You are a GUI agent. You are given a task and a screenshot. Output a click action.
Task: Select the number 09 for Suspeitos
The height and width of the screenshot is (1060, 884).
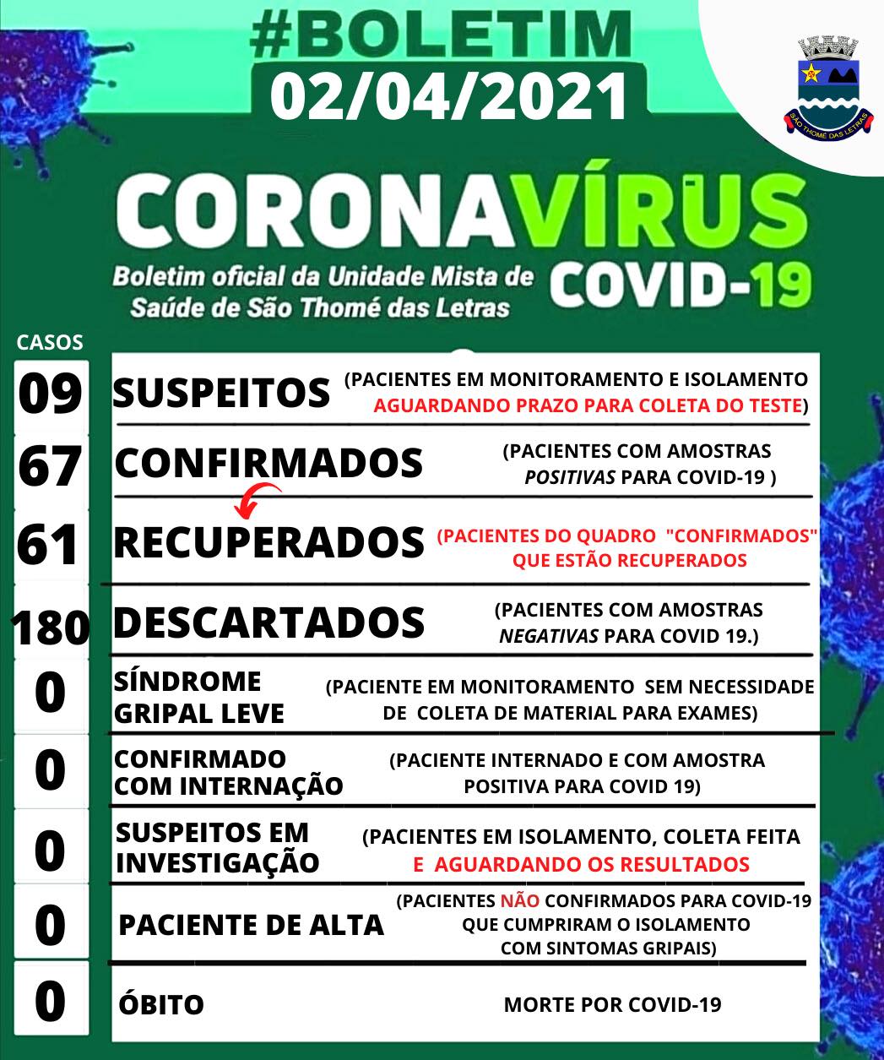pyautogui.click(x=51, y=394)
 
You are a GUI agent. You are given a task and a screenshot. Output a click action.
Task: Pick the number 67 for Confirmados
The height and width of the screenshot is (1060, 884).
pyautogui.click(x=51, y=467)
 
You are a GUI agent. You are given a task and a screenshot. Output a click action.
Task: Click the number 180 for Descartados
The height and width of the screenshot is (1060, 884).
pyautogui.click(x=51, y=627)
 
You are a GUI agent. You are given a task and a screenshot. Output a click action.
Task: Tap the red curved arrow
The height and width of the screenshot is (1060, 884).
pyautogui.click(x=257, y=498)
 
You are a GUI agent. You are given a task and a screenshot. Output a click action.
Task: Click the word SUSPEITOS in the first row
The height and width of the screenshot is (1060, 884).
pyautogui.click(x=221, y=392)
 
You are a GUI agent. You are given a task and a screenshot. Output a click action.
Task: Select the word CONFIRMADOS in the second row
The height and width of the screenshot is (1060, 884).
pyautogui.click(x=268, y=463)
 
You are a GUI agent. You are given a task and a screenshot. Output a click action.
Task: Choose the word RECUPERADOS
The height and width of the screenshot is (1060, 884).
pyautogui.click(x=268, y=542)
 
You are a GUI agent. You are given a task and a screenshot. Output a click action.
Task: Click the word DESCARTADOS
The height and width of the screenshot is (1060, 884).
pyautogui.click(x=268, y=622)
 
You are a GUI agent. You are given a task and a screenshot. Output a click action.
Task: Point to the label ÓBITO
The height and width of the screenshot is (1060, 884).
pyautogui.click(x=160, y=1005)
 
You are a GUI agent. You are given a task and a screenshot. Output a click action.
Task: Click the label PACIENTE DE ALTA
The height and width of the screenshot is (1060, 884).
pyautogui.click(x=251, y=926)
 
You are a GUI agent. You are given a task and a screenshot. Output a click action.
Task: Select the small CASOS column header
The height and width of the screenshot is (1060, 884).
pyautogui.click(x=50, y=342)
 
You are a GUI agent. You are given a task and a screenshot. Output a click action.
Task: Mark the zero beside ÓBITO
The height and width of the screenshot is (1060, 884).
pyautogui.click(x=51, y=1001)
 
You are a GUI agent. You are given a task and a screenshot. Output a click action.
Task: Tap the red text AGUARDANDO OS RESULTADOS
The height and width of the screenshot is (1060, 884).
pyautogui.click(x=581, y=864)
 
